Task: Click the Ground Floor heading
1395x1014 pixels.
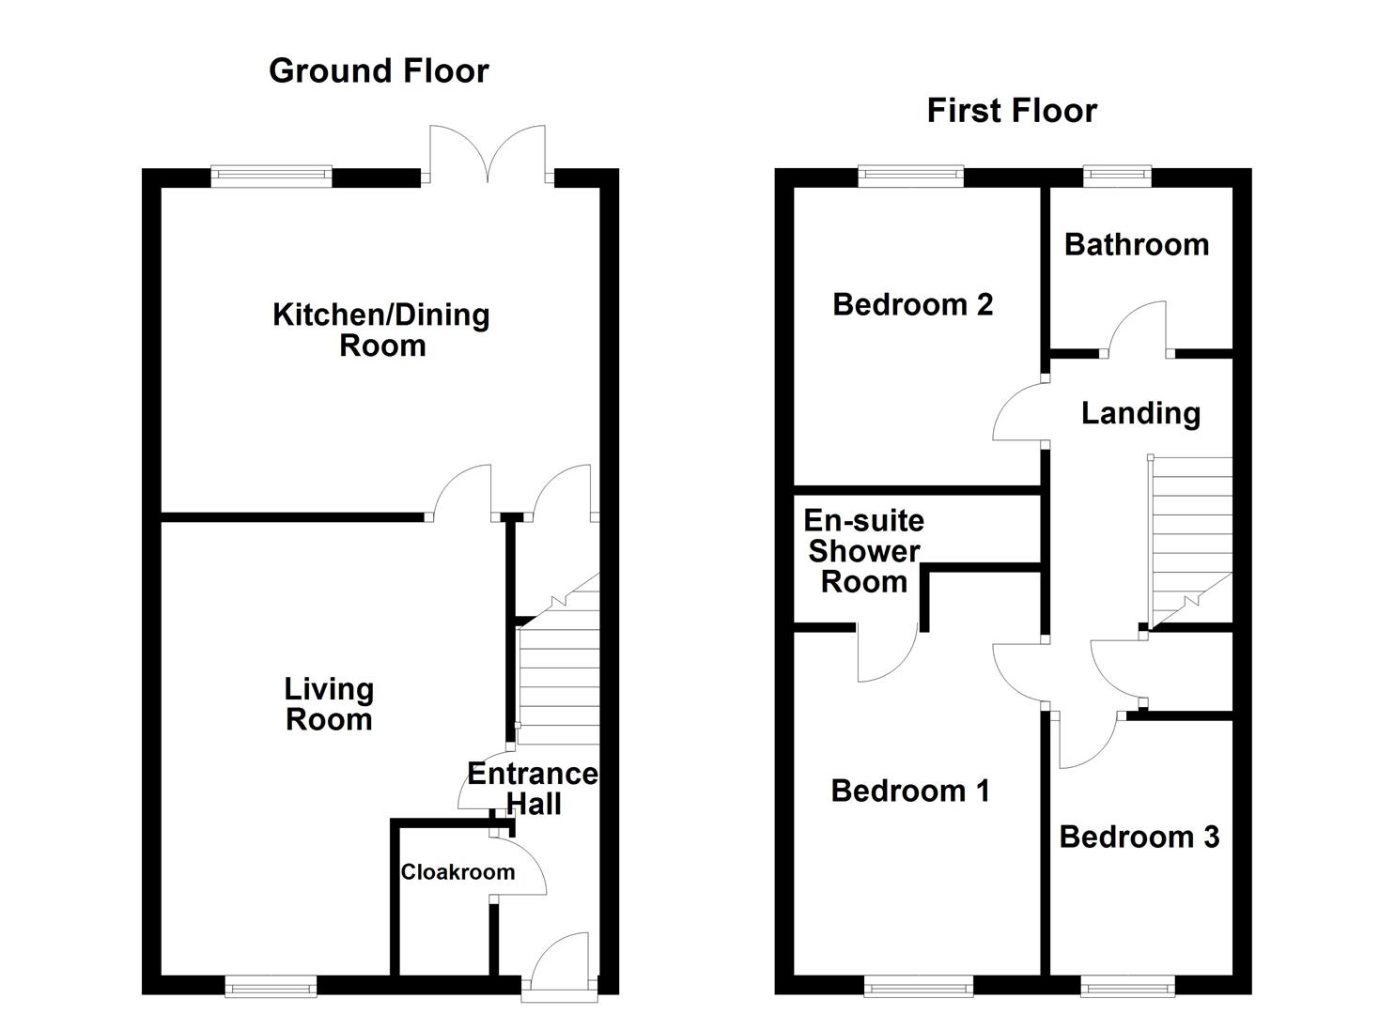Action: point(379,71)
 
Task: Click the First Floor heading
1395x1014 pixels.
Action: point(1012,112)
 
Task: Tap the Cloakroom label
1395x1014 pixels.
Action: point(457,872)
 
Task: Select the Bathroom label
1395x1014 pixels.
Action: point(1137,245)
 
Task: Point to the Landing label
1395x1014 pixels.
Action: point(1141,414)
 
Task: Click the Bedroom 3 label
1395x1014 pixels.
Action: point(1139,837)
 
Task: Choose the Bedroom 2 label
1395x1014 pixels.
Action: point(912,305)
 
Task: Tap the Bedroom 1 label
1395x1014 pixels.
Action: point(910,791)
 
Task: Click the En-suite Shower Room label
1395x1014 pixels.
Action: point(864,551)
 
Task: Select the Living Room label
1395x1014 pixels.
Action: point(329,704)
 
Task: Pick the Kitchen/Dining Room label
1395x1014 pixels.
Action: point(381,330)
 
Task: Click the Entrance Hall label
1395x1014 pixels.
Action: point(533,789)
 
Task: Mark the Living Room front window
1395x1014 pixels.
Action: point(271,986)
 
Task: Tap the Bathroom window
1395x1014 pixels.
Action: point(1117,177)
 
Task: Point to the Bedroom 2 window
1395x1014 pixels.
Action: point(911,177)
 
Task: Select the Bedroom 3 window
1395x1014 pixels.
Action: point(1128,986)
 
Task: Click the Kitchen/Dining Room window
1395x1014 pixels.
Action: point(271,177)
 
